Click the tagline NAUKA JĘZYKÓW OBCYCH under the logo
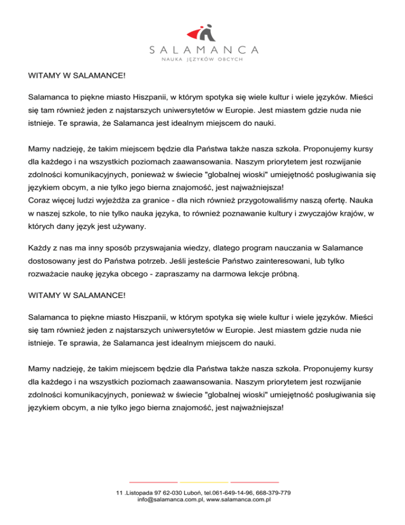tap(202, 59)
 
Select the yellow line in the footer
tap(204, 482)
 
